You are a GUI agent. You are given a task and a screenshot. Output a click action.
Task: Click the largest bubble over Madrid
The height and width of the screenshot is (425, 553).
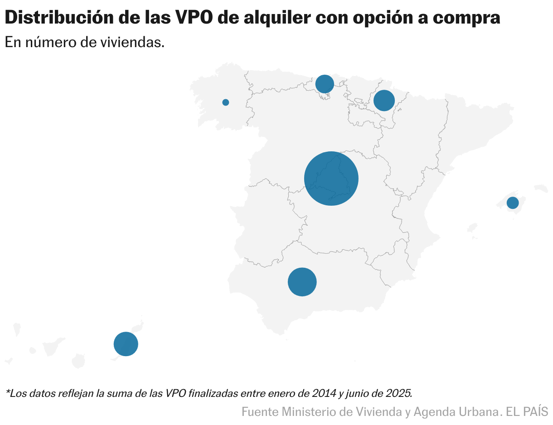click(331, 179)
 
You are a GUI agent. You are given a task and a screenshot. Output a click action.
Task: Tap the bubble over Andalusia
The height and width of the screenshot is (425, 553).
click(302, 282)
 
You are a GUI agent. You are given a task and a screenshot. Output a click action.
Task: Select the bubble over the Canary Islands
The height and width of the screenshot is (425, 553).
click(126, 344)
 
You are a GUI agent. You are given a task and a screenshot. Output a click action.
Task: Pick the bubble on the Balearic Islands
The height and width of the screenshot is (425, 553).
click(513, 203)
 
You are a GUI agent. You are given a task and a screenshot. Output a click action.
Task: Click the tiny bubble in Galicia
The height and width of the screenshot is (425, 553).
click(226, 102)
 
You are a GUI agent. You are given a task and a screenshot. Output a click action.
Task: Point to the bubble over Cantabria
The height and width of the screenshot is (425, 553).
click(325, 83)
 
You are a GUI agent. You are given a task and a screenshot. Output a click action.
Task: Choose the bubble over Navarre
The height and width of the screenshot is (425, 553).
click(384, 100)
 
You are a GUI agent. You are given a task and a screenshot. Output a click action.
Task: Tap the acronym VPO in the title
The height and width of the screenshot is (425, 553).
click(197, 18)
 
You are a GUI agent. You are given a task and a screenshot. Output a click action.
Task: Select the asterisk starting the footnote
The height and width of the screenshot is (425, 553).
click(7, 391)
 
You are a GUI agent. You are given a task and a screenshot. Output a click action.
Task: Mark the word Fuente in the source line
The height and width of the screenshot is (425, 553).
click(260, 412)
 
